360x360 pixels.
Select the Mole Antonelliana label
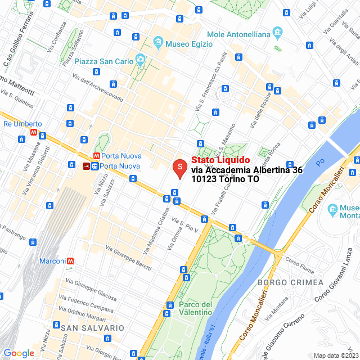click(x=238, y=34)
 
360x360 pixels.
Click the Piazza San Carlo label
click(x=104, y=61)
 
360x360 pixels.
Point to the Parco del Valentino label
click(x=196, y=309)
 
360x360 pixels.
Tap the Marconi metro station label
click(x=52, y=261)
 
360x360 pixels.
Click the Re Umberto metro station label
click(x=22, y=124)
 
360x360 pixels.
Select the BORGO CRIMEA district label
click(x=291, y=282)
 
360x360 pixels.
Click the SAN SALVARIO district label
click(x=92, y=327)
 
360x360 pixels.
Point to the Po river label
click(x=320, y=163)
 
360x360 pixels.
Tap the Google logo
click(x=19, y=353)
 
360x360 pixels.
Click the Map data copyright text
click(x=336, y=355)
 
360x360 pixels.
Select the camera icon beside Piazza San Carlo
click(x=140, y=60)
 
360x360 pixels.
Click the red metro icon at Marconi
click(x=71, y=261)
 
